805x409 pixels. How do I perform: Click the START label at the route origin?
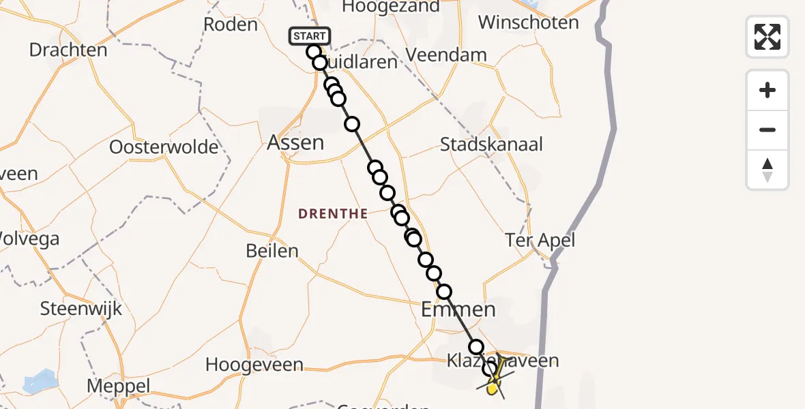click(310, 35)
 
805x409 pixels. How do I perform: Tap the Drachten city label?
click(68, 50)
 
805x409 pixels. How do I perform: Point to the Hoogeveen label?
click(254, 365)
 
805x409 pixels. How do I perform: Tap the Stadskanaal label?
click(491, 145)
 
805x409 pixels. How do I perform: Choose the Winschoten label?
click(528, 22)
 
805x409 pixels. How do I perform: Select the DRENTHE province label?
click(333, 214)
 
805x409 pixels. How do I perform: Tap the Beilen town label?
click(272, 251)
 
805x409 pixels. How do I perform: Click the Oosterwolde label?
click(164, 147)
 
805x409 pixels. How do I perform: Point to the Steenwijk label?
click(81, 308)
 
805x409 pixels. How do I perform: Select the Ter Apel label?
click(540, 240)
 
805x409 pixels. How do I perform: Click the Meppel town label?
click(118, 387)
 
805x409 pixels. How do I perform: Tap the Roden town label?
click(231, 25)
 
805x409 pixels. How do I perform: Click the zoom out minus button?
click(767, 130)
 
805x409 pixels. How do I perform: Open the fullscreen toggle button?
click(767, 36)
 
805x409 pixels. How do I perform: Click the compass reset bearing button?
click(767, 170)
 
